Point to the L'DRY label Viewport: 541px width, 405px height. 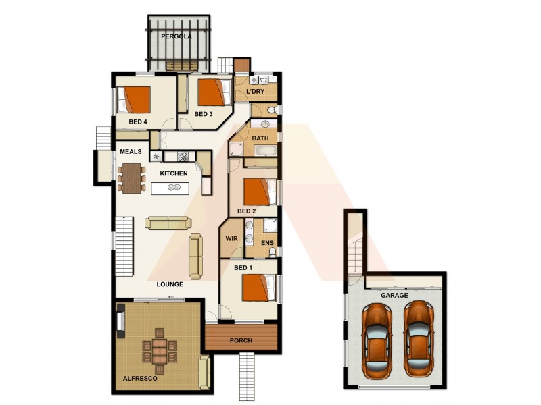[x=255, y=92]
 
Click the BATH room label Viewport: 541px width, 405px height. [x=260, y=138]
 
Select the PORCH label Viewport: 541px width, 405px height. [x=241, y=341]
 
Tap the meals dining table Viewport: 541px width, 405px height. [x=131, y=178]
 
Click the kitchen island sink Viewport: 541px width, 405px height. [x=174, y=189]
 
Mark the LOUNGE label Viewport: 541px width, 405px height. [x=170, y=284]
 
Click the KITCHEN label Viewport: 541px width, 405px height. [x=174, y=174]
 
